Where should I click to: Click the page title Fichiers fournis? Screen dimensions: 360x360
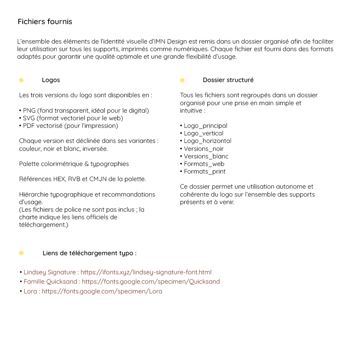click(45, 22)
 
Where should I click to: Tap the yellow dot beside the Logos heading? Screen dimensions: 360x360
click(21, 80)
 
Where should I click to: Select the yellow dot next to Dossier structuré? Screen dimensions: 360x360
click(182, 80)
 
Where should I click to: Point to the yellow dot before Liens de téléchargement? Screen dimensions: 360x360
click(21, 253)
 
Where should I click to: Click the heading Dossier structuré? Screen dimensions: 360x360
click(228, 80)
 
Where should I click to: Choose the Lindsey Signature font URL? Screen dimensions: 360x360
click(146, 272)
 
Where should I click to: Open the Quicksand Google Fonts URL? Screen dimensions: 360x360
click(151, 282)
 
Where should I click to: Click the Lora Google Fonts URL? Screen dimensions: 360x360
click(102, 291)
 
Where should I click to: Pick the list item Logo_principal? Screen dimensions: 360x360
click(205, 126)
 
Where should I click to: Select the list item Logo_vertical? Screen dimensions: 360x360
click(203, 133)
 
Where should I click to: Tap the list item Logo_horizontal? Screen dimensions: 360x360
click(207, 141)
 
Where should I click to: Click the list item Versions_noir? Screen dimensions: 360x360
click(203, 149)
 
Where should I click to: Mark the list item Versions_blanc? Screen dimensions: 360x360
click(206, 156)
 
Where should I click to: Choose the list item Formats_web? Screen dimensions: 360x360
click(204, 164)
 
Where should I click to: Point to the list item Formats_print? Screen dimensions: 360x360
click(204, 171)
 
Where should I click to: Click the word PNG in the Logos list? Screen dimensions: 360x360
click(29, 111)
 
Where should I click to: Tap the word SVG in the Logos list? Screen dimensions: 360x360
click(29, 118)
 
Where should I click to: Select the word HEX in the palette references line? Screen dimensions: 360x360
click(58, 179)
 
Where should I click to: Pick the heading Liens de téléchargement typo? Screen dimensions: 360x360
click(89, 253)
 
